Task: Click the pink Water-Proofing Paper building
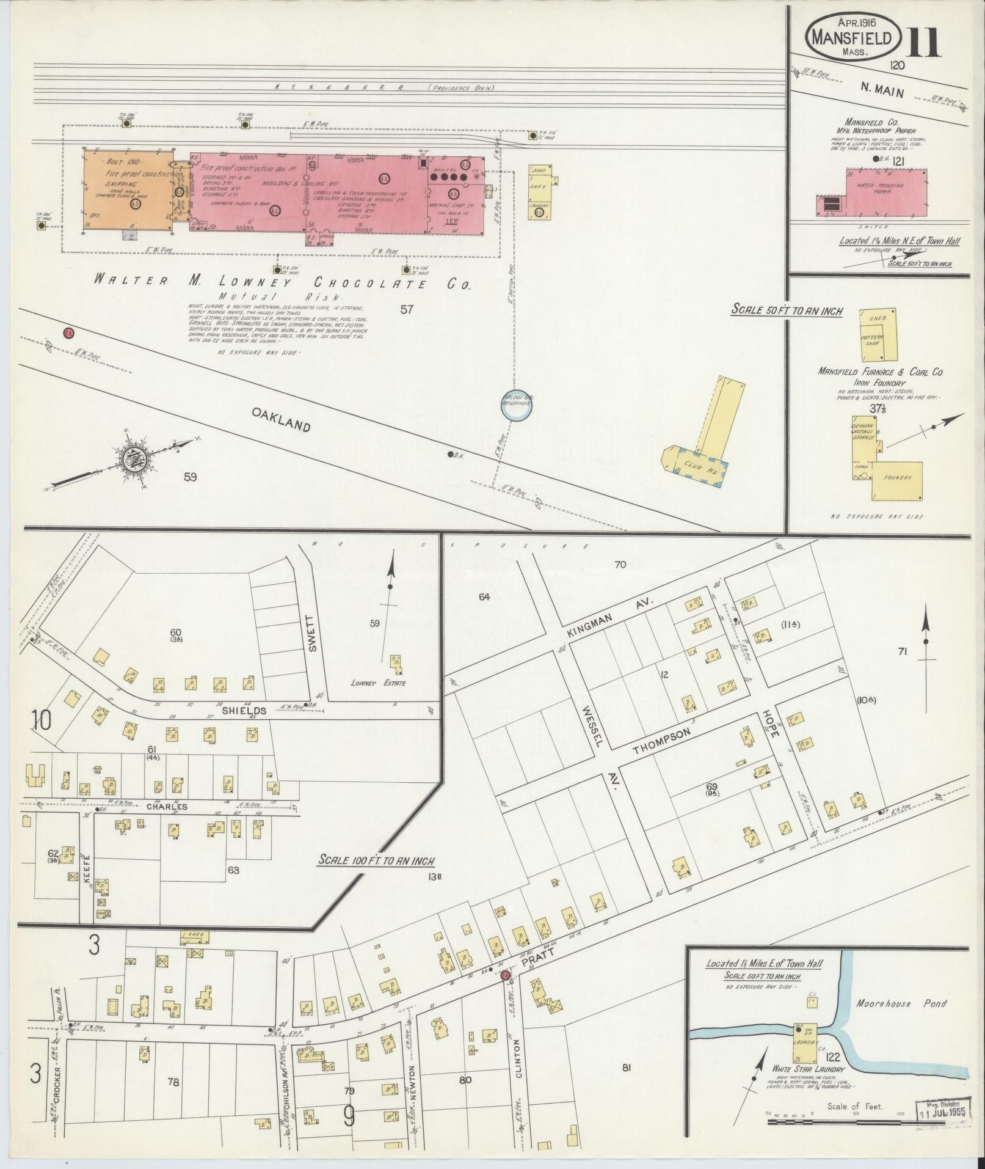(885, 192)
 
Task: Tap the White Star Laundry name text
(808, 1069)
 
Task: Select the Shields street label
(244, 710)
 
